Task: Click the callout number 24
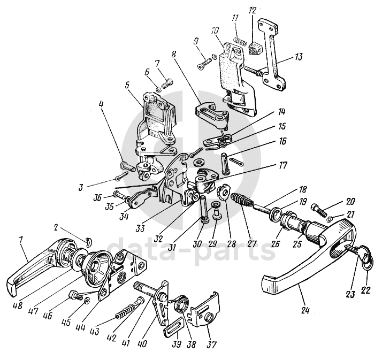(x=305, y=311)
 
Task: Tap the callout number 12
(x=252, y=10)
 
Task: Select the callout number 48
(x=17, y=305)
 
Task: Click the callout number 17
(x=282, y=166)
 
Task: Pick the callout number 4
(x=101, y=104)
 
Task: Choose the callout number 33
(x=140, y=228)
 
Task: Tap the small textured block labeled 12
(x=254, y=48)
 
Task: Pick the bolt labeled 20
(x=318, y=211)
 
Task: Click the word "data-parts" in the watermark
(x=191, y=247)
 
